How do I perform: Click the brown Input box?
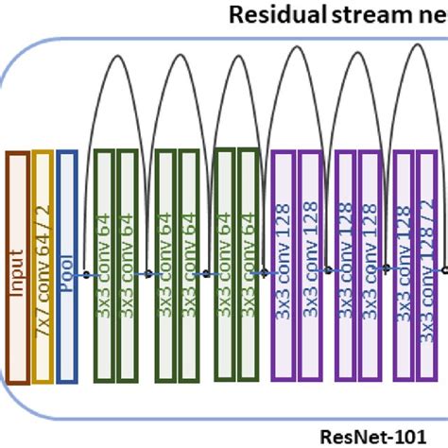coord(17,267)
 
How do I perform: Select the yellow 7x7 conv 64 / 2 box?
coord(43,267)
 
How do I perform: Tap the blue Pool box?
coord(67,267)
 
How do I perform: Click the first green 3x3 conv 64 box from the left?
coord(104,267)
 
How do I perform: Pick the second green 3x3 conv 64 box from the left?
coord(129,267)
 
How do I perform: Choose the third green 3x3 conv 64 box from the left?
coord(164,267)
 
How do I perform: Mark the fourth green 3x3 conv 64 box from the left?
coord(189,267)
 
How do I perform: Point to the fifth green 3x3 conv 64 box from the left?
coord(224,267)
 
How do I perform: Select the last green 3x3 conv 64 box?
coord(248,267)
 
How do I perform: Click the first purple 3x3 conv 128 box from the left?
coord(284,267)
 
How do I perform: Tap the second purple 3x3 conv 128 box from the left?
coord(310,267)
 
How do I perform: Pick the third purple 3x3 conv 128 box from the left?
coord(345,267)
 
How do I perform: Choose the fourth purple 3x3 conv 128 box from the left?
coord(370,267)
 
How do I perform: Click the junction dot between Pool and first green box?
coord(86,275)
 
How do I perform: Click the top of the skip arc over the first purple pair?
coord(297,52)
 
